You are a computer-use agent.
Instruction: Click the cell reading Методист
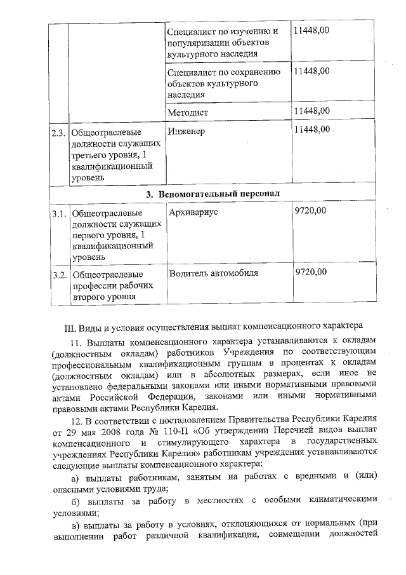pos(188,112)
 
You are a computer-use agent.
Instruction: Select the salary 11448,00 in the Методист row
pos(311,111)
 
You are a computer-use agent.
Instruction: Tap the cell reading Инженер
pos(188,131)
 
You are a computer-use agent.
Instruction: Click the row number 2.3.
pos(58,133)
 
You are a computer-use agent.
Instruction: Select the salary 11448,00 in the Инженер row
pos(311,130)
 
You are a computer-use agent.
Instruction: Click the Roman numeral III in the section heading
pos(70,328)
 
